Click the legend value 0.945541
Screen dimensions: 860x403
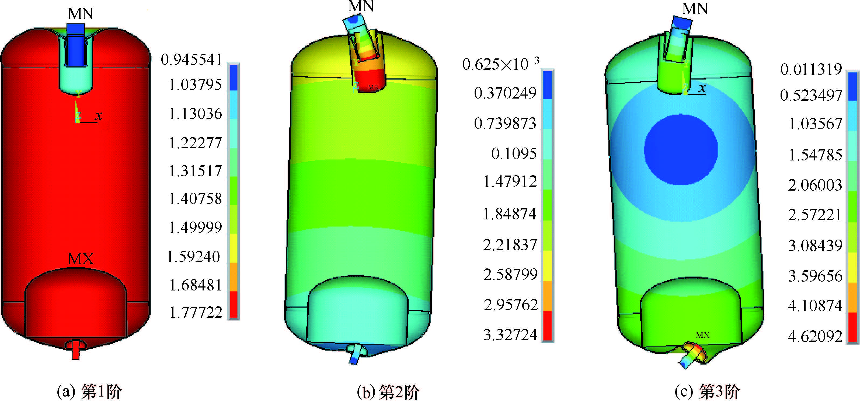click(192, 60)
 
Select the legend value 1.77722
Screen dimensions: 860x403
click(196, 313)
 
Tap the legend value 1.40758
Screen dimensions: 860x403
click(195, 199)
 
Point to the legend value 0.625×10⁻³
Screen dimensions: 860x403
click(500, 64)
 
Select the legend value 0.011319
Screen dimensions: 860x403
click(811, 69)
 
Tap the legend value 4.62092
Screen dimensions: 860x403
click(815, 336)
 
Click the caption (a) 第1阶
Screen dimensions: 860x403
click(89, 391)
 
